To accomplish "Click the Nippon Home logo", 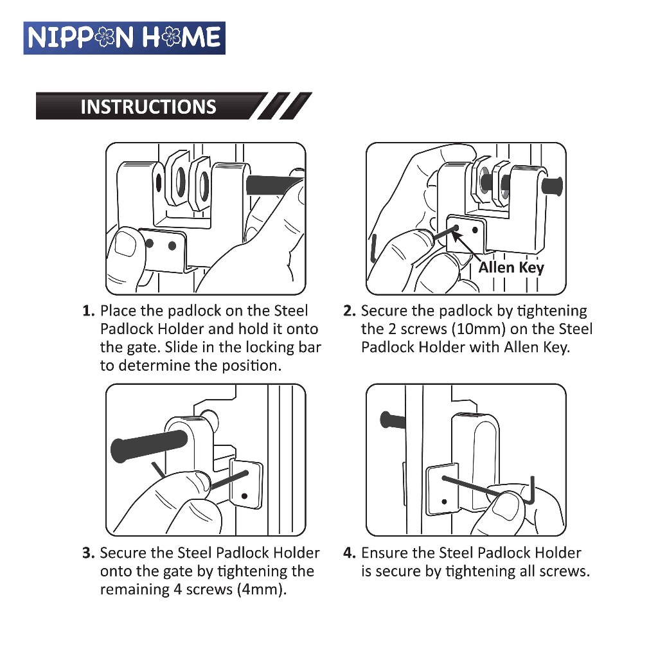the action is click(x=124, y=38).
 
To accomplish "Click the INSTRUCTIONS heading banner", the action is click(x=173, y=106).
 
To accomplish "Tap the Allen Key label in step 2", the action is click(x=511, y=267).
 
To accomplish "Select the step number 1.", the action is click(x=88, y=311).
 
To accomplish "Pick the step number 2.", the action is click(x=349, y=311).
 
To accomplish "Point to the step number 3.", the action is click(x=88, y=553).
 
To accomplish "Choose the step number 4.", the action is click(x=349, y=553).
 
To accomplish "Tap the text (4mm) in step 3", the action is click(x=262, y=590).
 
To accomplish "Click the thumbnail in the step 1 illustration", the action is click(x=125, y=245).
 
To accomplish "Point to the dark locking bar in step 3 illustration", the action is click(x=149, y=446).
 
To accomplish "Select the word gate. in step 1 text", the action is click(x=144, y=348).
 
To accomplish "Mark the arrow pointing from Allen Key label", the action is click(x=466, y=247).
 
